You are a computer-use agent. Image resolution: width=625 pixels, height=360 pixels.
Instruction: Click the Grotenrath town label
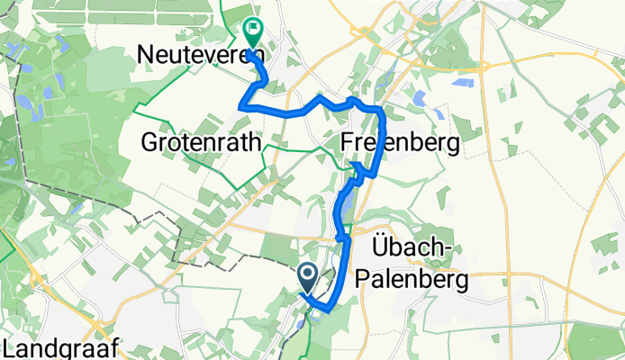[202, 142]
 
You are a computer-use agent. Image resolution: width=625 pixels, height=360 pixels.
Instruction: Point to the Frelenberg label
[401, 142]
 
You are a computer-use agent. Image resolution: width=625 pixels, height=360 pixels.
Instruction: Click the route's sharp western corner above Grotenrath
[240, 107]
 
